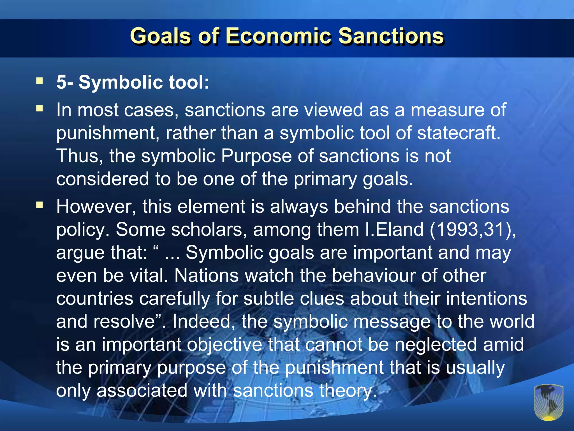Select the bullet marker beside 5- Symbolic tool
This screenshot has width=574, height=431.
(40, 81)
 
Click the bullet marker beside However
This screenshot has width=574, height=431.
(40, 205)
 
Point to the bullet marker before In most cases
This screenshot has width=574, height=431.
(40, 108)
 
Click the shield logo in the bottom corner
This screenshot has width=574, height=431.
(548, 402)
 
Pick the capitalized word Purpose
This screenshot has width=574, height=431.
(256, 156)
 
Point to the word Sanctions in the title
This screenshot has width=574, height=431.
(391, 36)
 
